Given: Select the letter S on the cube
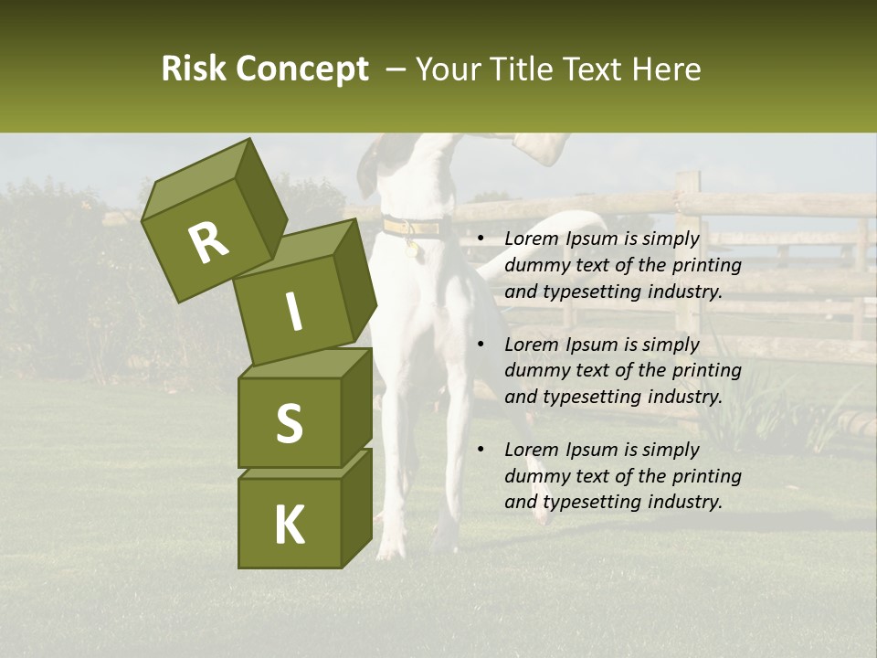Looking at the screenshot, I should [x=290, y=423].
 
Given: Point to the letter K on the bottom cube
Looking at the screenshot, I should [x=290, y=525].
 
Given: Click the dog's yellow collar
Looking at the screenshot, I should [x=411, y=226].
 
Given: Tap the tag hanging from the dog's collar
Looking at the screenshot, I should [x=416, y=247].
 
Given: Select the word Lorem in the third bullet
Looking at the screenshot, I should [x=530, y=450].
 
